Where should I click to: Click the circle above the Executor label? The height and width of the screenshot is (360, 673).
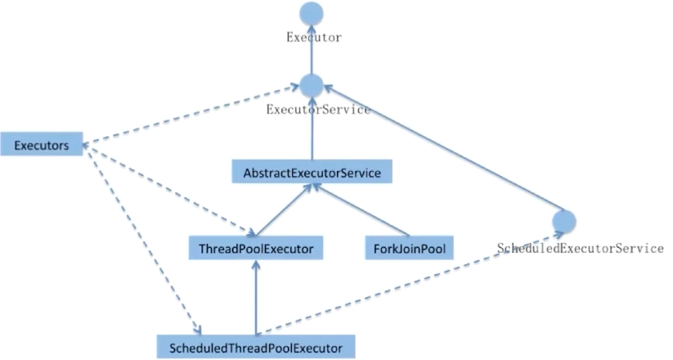312,14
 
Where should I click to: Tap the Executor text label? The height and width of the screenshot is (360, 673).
312,38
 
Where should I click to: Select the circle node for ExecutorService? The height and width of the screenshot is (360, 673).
312,84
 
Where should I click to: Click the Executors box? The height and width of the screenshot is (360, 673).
41,145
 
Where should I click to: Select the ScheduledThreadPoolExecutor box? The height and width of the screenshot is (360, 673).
256,346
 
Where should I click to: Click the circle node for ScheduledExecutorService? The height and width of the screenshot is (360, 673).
564,221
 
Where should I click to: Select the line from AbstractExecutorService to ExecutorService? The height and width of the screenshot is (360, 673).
312,135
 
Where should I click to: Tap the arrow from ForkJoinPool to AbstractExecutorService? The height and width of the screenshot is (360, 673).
360,209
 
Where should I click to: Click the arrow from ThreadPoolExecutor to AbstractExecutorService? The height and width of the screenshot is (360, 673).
282,209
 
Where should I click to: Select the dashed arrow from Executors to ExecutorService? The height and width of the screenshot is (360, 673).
192,114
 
